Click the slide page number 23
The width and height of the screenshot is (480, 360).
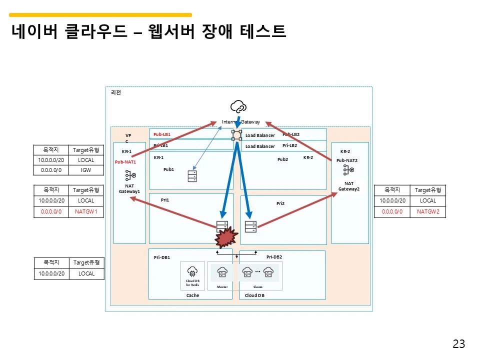pyautogui.click(x=458, y=343)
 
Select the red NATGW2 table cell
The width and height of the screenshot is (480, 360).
pyautogui.click(x=427, y=211)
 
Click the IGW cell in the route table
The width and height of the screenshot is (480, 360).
pyautogui.click(x=86, y=170)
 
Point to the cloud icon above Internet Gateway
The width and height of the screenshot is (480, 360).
pyautogui.click(x=238, y=106)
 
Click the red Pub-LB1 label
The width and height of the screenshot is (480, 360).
pyautogui.click(x=162, y=134)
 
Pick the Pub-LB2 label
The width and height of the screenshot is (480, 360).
pyautogui.click(x=291, y=134)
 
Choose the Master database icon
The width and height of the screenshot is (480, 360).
pyautogui.click(x=222, y=272)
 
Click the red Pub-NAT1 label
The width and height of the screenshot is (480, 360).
pyautogui.click(x=125, y=162)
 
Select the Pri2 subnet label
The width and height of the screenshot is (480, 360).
pyautogui.click(x=280, y=203)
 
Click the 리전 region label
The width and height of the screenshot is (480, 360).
pyautogui.click(x=115, y=92)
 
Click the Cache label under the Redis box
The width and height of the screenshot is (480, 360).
pyautogui.click(x=192, y=295)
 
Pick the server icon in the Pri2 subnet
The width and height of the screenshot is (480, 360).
pyautogui.click(x=250, y=226)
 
